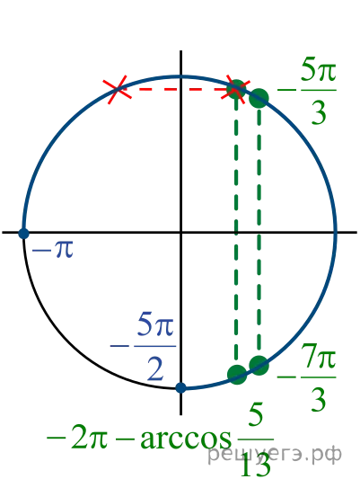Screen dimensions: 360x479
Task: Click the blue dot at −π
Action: pyautogui.click(x=23, y=233)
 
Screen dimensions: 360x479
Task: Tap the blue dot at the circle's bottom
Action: pyautogui.click(x=181, y=387)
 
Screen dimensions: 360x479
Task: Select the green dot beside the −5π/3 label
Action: pyautogui.click(x=259, y=98)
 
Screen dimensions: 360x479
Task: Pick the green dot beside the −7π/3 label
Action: pyautogui.click(x=259, y=365)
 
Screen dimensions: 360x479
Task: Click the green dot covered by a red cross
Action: pyautogui.click(x=236, y=90)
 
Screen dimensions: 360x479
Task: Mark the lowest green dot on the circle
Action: pyautogui.click(x=237, y=374)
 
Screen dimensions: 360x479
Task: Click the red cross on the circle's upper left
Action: pyautogui.click(x=117, y=90)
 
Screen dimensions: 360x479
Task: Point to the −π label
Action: pyautogui.click(x=52, y=250)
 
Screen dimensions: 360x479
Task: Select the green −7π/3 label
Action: pyautogui.click(x=307, y=377)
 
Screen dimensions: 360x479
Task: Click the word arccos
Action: pyautogui.click(x=186, y=439)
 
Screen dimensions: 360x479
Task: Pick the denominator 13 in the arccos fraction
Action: pyautogui.click(x=256, y=465)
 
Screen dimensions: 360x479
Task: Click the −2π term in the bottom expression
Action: pyautogui.click(x=77, y=439)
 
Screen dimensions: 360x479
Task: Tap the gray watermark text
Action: pyautogui.click(x=275, y=455)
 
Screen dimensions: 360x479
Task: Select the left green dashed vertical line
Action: pyautogui.click(x=236, y=232)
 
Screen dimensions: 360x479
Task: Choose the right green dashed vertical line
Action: pyautogui.click(x=259, y=232)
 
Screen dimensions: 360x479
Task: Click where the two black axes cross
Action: pyautogui.click(x=181, y=233)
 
